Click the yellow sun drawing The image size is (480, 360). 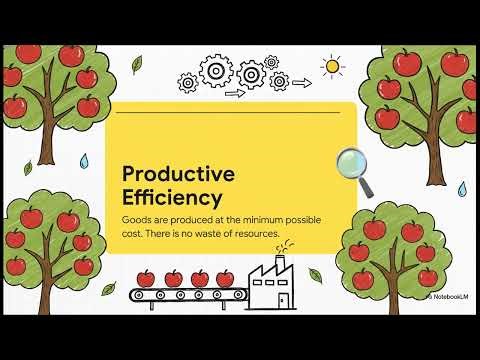pyautogui.click(x=332, y=67)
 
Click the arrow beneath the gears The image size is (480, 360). pyautogui.click(x=235, y=94)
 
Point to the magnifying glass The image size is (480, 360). pyautogui.click(x=354, y=167)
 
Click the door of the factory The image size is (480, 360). pyautogui.click(x=283, y=298)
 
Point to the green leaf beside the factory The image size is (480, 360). pyautogui.click(x=315, y=274)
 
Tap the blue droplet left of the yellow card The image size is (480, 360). pyautogui.click(x=84, y=160)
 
